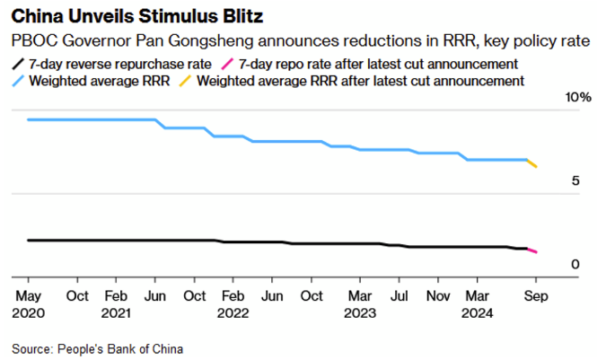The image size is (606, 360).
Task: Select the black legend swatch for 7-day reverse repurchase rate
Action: (17, 65)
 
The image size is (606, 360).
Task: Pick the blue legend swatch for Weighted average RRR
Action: (17, 81)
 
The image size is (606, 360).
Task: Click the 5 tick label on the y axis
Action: (575, 180)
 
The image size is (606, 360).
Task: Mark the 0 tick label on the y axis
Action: (575, 265)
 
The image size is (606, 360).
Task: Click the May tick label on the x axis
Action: (30, 295)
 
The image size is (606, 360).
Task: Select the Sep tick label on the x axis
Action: (536, 295)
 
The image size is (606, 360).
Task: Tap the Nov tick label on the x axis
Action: (438, 295)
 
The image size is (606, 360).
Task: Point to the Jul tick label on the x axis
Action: (400, 295)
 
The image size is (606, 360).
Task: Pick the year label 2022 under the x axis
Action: (233, 313)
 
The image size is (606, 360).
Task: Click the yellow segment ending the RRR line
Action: (531, 163)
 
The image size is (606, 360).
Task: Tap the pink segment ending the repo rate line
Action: (531, 250)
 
